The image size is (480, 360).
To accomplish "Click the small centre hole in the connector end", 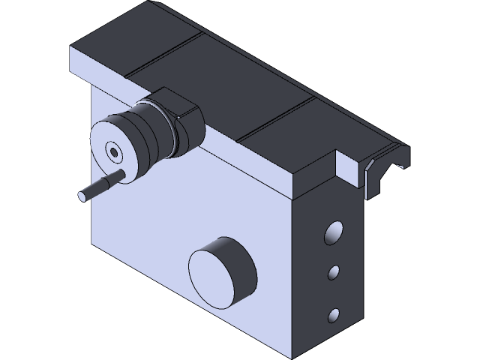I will tap(113, 151).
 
